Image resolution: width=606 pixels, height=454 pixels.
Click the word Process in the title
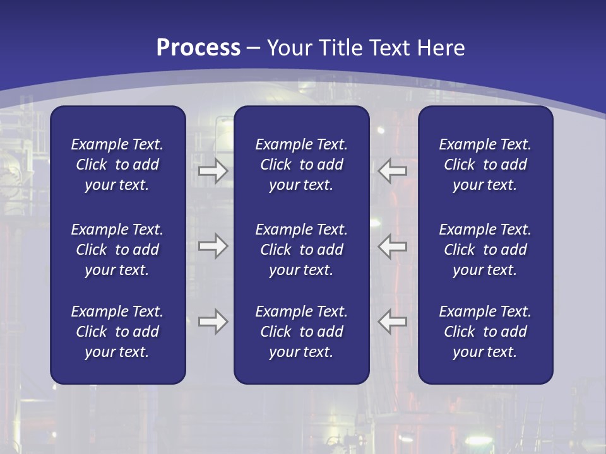pos(198,48)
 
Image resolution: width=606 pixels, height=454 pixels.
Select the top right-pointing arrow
pos(213,171)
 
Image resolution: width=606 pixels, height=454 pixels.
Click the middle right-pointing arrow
pos(213,246)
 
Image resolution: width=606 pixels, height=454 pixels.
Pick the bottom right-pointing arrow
pos(213,322)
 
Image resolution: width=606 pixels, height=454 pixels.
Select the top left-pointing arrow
pos(393,171)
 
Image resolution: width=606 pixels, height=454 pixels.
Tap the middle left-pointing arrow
pos(393,246)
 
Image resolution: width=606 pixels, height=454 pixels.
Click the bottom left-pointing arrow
pos(393,322)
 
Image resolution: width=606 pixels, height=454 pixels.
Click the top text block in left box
pos(117,165)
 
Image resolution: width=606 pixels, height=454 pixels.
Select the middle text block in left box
pos(117,250)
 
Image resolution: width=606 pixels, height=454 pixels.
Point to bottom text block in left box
pos(117,332)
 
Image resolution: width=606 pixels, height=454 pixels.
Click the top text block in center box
pos(301,165)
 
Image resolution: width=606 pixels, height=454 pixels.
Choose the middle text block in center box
pos(301,250)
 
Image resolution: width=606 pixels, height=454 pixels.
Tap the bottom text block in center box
pos(301,332)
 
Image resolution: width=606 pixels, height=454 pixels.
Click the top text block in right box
pos(485,165)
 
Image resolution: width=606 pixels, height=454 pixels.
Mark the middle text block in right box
pos(485,250)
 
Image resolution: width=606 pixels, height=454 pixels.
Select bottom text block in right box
pos(485,332)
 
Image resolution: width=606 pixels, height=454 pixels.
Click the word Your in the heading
pos(289,48)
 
